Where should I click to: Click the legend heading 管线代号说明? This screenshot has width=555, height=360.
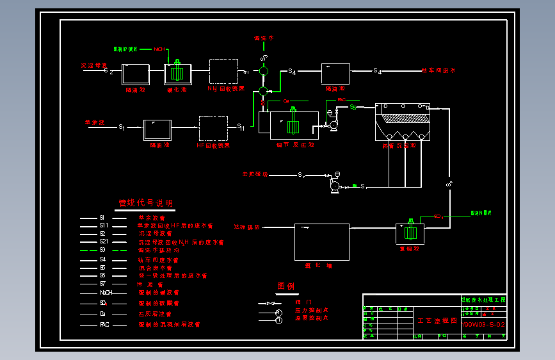145,203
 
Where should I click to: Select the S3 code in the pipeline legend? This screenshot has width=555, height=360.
102,250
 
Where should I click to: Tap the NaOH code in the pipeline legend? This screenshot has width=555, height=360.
106,292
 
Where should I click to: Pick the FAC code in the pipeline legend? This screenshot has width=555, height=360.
104,325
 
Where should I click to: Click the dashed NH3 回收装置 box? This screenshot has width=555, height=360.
223,72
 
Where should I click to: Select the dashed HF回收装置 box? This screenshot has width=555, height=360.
213,127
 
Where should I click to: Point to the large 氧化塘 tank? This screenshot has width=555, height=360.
321,241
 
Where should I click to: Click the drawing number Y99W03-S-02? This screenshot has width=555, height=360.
483,325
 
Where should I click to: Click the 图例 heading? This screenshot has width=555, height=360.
286,286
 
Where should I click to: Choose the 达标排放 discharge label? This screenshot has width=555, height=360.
247,227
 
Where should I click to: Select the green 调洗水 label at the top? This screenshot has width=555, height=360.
263,38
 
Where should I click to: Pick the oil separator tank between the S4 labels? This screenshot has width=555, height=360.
335,74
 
